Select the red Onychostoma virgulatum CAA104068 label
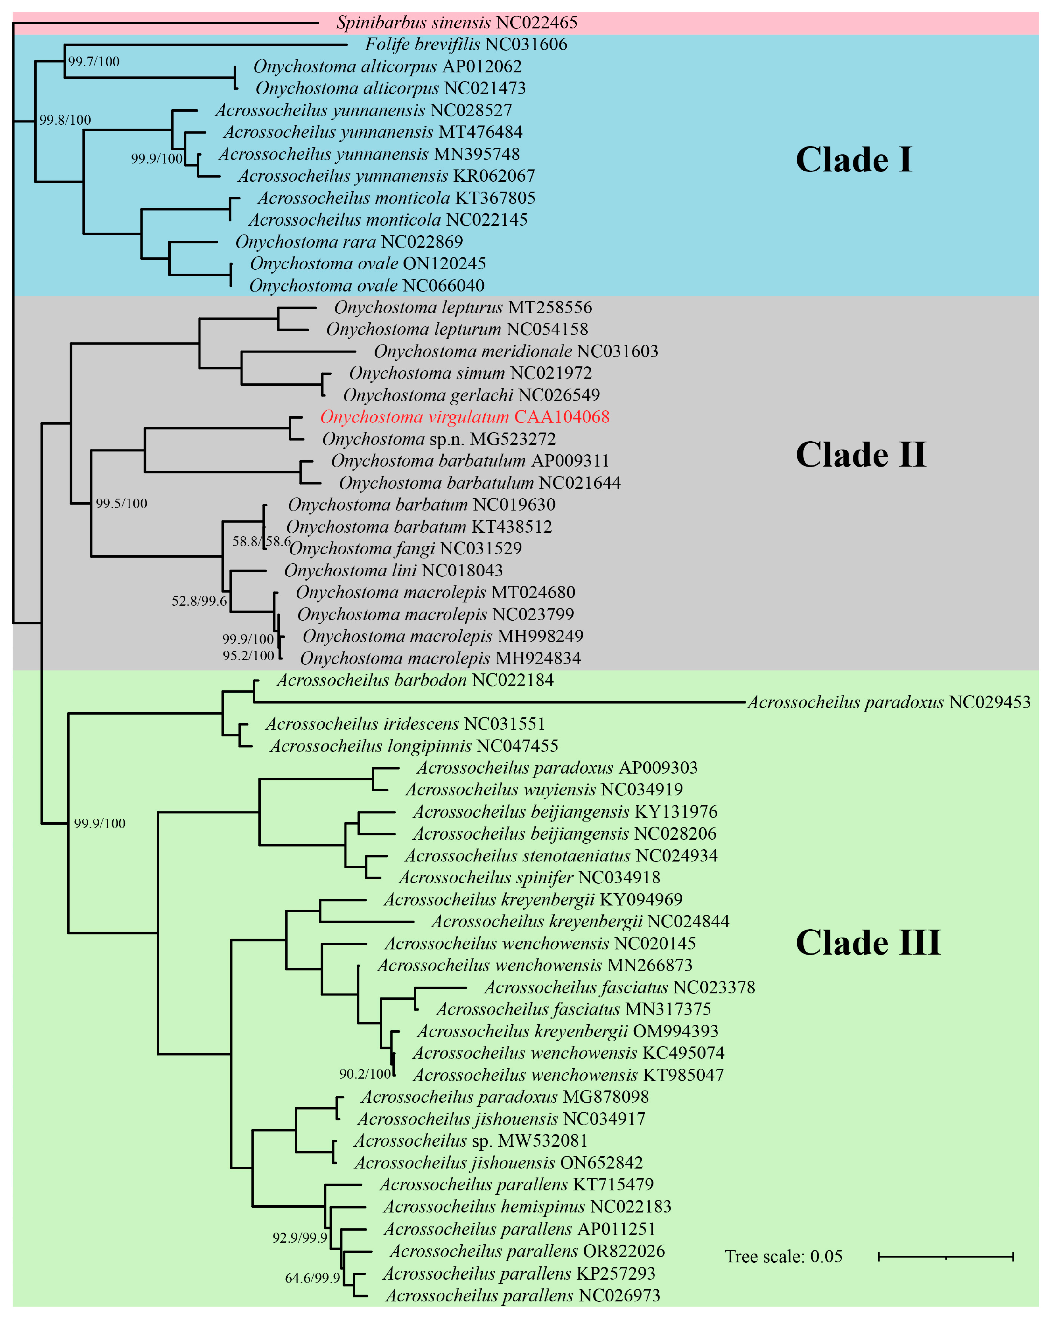click(x=465, y=417)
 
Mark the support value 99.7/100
click(x=94, y=62)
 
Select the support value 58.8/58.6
click(x=261, y=542)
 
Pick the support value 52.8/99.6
click(x=199, y=601)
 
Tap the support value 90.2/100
click(x=365, y=1074)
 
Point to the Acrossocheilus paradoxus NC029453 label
click(x=889, y=702)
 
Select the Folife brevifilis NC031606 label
click(x=466, y=45)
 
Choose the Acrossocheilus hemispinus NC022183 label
click(x=527, y=1207)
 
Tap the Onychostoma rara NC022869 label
click(x=349, y=242)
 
